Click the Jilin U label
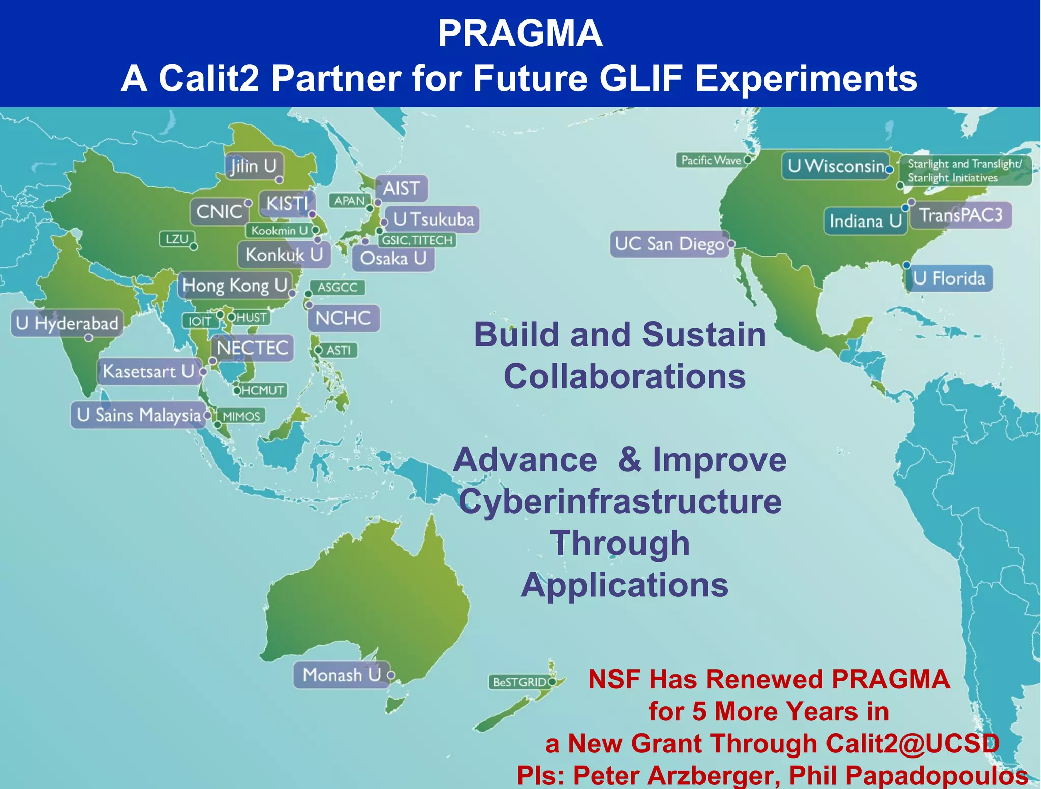point(253,166)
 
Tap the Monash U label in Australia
point(341,675)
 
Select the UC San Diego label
point(669,244)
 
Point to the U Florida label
point(948,278)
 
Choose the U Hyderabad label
point(67,323)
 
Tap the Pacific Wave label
point(711,161)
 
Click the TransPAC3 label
point(961,215)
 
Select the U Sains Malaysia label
point(138,416)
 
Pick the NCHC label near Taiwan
point(343,319)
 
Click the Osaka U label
point(393,259)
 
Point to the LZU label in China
point(177,239)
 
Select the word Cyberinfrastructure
point(620,502)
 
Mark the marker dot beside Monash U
point(391,675)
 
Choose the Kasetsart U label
point(148,371)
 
